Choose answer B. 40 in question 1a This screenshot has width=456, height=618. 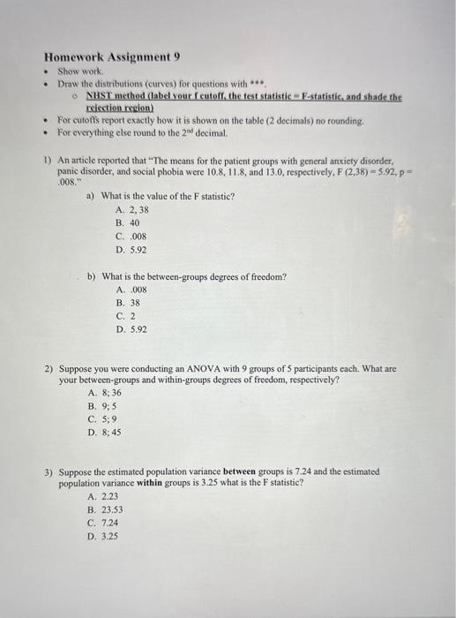pos(128,223)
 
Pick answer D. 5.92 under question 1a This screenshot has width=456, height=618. pos(131,250)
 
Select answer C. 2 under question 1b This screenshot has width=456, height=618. pos(125,315)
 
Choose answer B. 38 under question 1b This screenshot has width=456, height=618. pos(128,302)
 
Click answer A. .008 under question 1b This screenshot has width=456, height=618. pos(131,289)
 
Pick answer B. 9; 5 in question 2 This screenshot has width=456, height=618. pos(103,406)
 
